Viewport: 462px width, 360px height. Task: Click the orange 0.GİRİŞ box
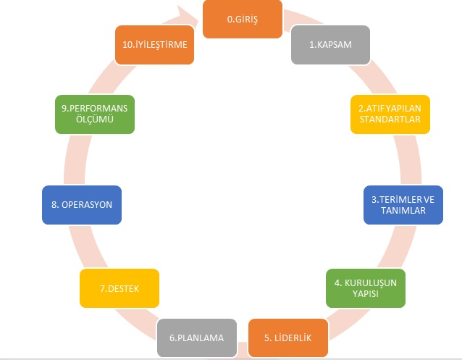[242, 19]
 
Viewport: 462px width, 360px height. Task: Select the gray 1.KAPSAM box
[331, 45]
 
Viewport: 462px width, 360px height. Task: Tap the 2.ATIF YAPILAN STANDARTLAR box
[390, 114]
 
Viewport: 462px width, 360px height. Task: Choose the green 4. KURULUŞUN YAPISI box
[365, 288]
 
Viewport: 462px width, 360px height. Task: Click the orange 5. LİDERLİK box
[288, 338]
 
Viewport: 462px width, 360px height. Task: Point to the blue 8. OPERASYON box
[82, 204]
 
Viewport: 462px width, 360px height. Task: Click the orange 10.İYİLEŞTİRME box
[154, 45]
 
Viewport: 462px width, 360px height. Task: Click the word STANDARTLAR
[390, 120]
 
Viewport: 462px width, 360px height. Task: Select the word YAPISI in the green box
[365, 294]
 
